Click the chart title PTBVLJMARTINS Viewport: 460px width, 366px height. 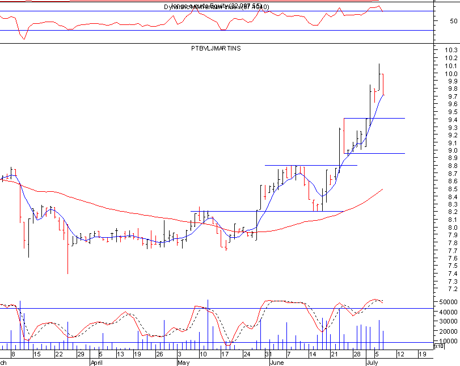pos(216,49)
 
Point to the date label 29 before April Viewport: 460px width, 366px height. pos(81,354)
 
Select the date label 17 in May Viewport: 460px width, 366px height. pos(225,354)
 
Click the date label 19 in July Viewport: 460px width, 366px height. pos(421,354)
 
